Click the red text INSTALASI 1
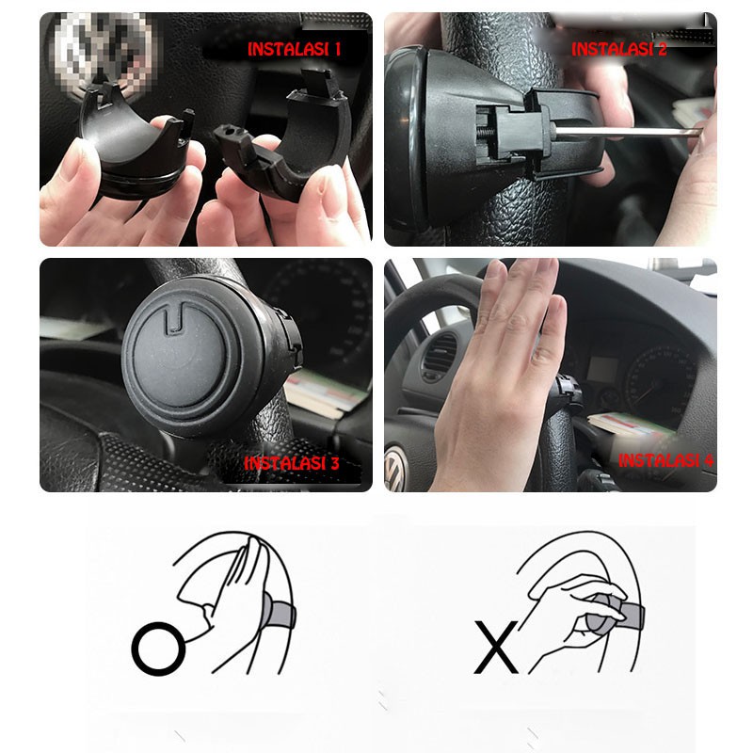294,49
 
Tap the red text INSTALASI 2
619,49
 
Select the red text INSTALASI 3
292,463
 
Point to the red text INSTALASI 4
666,460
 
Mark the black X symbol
496,647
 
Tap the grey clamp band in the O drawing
280,612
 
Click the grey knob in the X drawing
604,614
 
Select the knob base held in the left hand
136,144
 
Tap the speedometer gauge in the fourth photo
661,382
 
